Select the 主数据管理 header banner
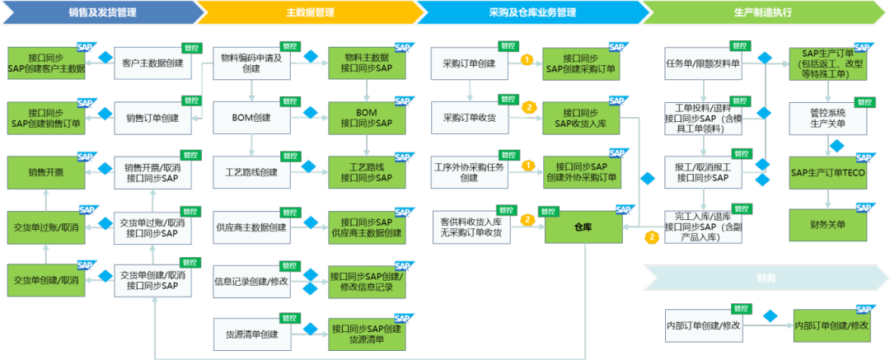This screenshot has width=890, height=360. coord(308,12)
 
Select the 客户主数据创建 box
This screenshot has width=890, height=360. coord(152,63)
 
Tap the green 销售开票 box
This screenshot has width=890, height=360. coord(46,173)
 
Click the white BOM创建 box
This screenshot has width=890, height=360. coord(251,118)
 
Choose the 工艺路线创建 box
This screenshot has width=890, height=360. coord(251,173)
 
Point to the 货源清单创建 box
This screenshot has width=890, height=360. coord(251,334)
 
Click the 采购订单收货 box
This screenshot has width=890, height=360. coord(469,118)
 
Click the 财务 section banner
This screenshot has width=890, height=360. coord(765,278)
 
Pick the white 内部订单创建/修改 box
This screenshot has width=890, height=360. coord(703,326)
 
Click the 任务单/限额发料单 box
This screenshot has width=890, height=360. coord(703,63)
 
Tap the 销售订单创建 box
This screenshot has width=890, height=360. coord(152,118)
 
